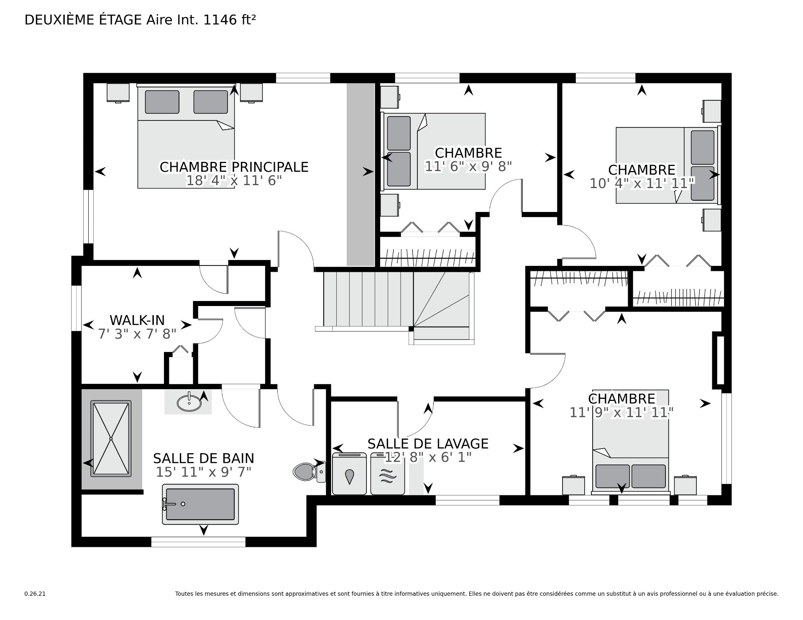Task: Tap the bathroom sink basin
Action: click(x=189, y=402)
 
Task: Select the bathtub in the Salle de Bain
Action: click(x=200, y=504)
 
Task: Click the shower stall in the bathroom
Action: click(x=111, y=438)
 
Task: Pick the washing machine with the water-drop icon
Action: click(x=349, y=474)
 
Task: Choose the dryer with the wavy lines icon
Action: click(x=388, y=474)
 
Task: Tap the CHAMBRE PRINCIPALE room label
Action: click(x=234, y=167)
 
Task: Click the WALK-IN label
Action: click(x=137, y=320)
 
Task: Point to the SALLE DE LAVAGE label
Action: click(x=428, y=444)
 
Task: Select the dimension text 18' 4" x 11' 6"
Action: click(x=234, y=181)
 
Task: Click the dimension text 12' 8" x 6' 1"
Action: click(x=428, y=457)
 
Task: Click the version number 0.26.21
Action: click(x=35, y=594)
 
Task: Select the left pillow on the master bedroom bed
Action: click(x=162, y=102)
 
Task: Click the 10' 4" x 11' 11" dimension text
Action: click(x=642, y=183)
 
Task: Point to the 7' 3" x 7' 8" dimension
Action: click(x=137, y=334)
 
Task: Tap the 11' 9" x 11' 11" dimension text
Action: click(x=621, y=413)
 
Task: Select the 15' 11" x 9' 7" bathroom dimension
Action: click(x=204, y=472)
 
